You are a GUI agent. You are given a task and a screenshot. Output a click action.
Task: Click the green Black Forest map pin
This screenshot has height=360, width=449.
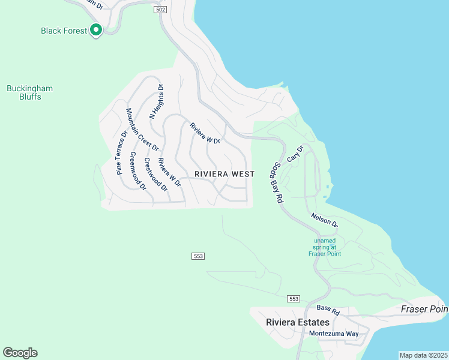click(x=95, y=31)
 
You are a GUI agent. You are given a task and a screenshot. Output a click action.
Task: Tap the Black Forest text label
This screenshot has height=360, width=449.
click(x=64, y=31)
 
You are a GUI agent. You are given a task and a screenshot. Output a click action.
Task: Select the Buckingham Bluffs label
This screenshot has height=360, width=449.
click(x=29, y=92)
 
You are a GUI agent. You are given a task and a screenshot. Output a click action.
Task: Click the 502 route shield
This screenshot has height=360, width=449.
click(x=160, y=10)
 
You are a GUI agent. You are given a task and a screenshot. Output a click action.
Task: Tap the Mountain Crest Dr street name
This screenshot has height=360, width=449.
click(x=142, y=130)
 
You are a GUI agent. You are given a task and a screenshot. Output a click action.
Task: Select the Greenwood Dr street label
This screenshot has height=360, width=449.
click(x=138, y=171)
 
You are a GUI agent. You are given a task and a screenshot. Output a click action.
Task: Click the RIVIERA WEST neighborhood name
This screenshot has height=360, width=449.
click(x=224, y=174)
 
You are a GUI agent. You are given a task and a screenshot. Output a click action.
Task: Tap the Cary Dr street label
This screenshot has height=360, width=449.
click(x=295, y=153)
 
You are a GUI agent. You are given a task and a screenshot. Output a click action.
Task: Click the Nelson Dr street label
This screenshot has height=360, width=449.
click(x=324, y=220)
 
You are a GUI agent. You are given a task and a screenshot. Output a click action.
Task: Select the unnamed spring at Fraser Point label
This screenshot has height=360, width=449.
click(x=325, y=247)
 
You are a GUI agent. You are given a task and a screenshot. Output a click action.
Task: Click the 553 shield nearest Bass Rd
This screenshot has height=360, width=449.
click(x=294, y=299)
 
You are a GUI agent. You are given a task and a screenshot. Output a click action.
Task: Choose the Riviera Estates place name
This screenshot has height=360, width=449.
click(x=298, y=322)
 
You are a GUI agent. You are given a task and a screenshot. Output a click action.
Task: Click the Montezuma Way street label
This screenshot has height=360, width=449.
click(x=333, y=334)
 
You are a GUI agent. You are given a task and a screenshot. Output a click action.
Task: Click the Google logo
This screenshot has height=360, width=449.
click(x=20, y=353)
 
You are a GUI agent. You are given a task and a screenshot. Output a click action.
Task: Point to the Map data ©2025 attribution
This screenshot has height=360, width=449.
click(x=423, y=355)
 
